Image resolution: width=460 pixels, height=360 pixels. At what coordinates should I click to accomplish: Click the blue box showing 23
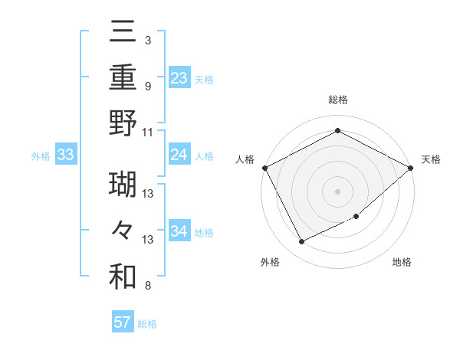click(179, 78)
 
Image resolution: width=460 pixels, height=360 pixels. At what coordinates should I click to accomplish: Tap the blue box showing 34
click(179, 231)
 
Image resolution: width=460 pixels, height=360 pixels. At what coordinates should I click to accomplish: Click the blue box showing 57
click(123, 322)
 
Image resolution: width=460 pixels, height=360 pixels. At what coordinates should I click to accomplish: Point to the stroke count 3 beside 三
click(147, 40)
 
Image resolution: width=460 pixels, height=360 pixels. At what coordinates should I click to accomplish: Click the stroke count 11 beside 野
click(148, 132)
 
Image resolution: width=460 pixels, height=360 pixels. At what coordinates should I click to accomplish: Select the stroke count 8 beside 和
click(147, 286)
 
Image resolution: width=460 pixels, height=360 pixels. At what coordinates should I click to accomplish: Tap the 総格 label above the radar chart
click(337, 100)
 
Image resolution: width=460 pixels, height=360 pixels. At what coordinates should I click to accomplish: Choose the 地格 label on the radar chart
click(402, 262)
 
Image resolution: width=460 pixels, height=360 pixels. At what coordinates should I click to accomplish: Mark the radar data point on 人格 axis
click(265, 168)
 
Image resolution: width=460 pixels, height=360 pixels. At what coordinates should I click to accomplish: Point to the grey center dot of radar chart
click(337, 191)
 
